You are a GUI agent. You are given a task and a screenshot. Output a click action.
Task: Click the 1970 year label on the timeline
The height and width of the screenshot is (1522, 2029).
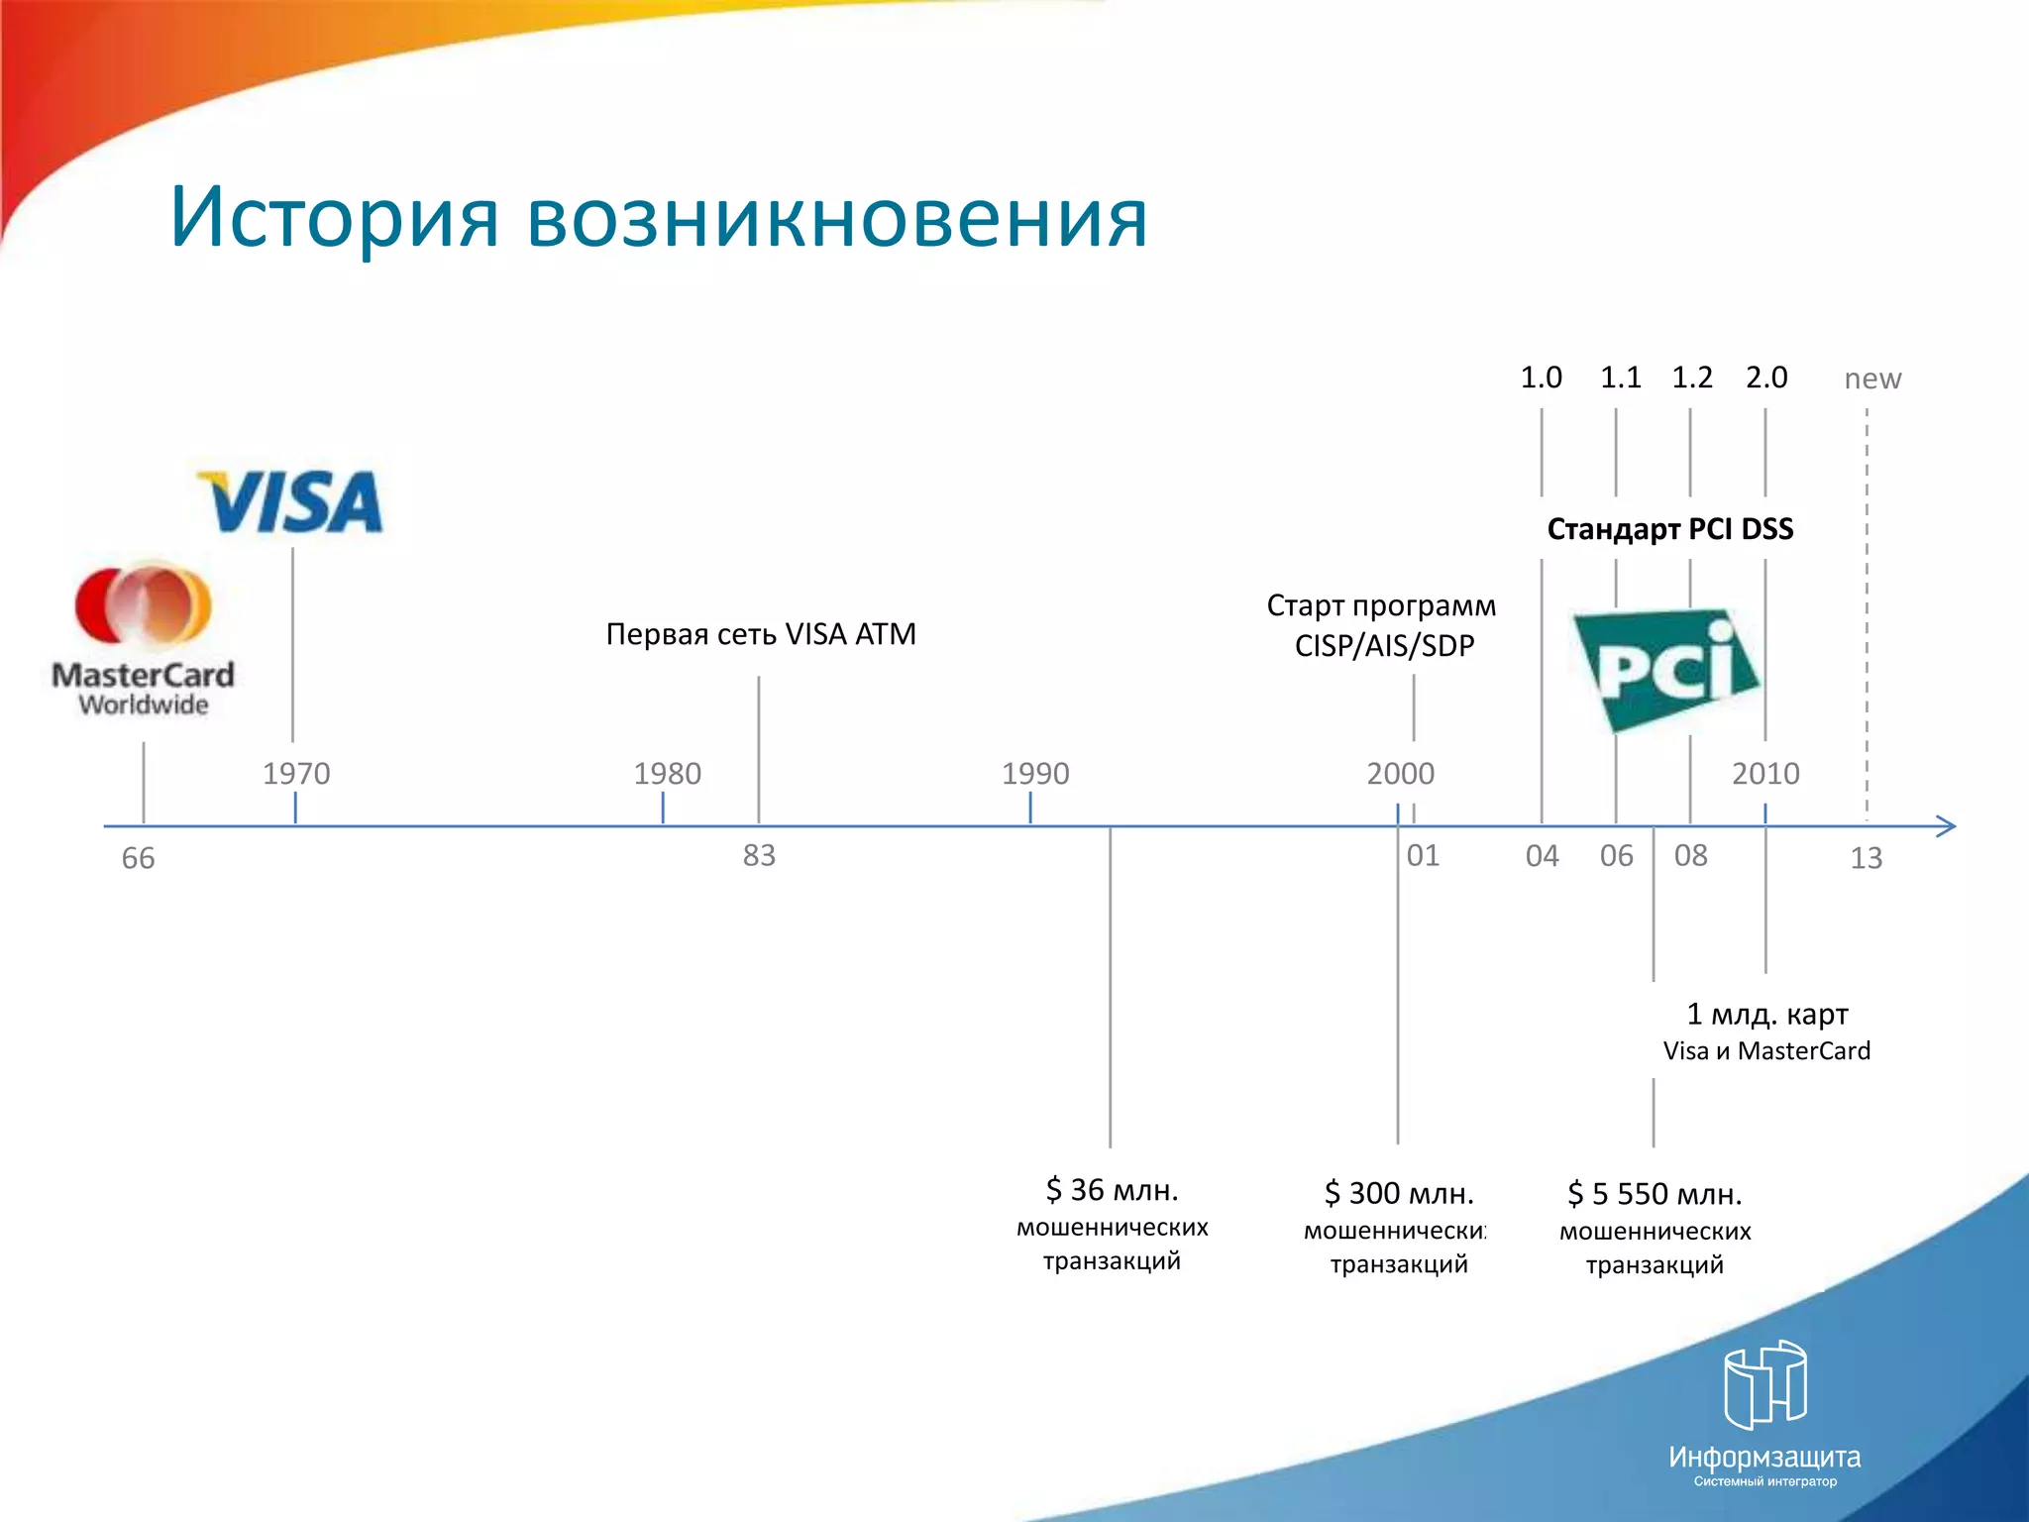click(x=296, y=773)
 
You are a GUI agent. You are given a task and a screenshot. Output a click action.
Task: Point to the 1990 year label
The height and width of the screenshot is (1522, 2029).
click(x=1035, y=773)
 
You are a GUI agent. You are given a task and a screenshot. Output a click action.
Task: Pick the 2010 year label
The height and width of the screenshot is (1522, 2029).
click(x=1765, y=773)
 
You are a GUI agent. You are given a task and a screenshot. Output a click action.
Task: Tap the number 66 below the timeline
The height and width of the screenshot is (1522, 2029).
click(x=138, y=858)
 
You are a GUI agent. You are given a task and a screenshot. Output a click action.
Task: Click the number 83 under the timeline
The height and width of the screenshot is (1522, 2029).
click(x=759, y=855)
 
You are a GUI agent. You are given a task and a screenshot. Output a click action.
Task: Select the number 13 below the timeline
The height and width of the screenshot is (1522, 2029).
click(x=1866, y=858)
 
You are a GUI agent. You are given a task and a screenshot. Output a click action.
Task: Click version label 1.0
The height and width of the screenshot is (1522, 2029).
click(x=1541, y=378)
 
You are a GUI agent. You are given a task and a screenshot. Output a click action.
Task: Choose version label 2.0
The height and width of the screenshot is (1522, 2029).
click(x=1766, y=378)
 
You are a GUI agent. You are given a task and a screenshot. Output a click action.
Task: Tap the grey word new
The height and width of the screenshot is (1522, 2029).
click(x=1872, y=379)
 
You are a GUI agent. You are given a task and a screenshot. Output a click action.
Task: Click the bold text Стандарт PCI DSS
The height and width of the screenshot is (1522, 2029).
click(x=1670, y=529)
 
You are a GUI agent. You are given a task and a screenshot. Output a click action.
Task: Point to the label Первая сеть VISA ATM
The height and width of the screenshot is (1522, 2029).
click(x=761, y=634)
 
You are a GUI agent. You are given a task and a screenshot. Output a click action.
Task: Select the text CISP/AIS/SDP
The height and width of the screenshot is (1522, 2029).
click(x=1384, y=646)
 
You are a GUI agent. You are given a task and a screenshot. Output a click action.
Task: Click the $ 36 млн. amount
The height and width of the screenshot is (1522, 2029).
click(x=1112, y=1189)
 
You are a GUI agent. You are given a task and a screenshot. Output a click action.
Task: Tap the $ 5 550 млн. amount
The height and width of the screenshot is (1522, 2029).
click(x=1655, y=1194)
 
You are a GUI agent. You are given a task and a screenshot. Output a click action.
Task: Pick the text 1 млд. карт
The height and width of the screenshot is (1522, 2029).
click(x=1767, y=1014)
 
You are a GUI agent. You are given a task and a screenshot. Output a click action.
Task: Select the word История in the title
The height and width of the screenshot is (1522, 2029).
click(x=335, y=217)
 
